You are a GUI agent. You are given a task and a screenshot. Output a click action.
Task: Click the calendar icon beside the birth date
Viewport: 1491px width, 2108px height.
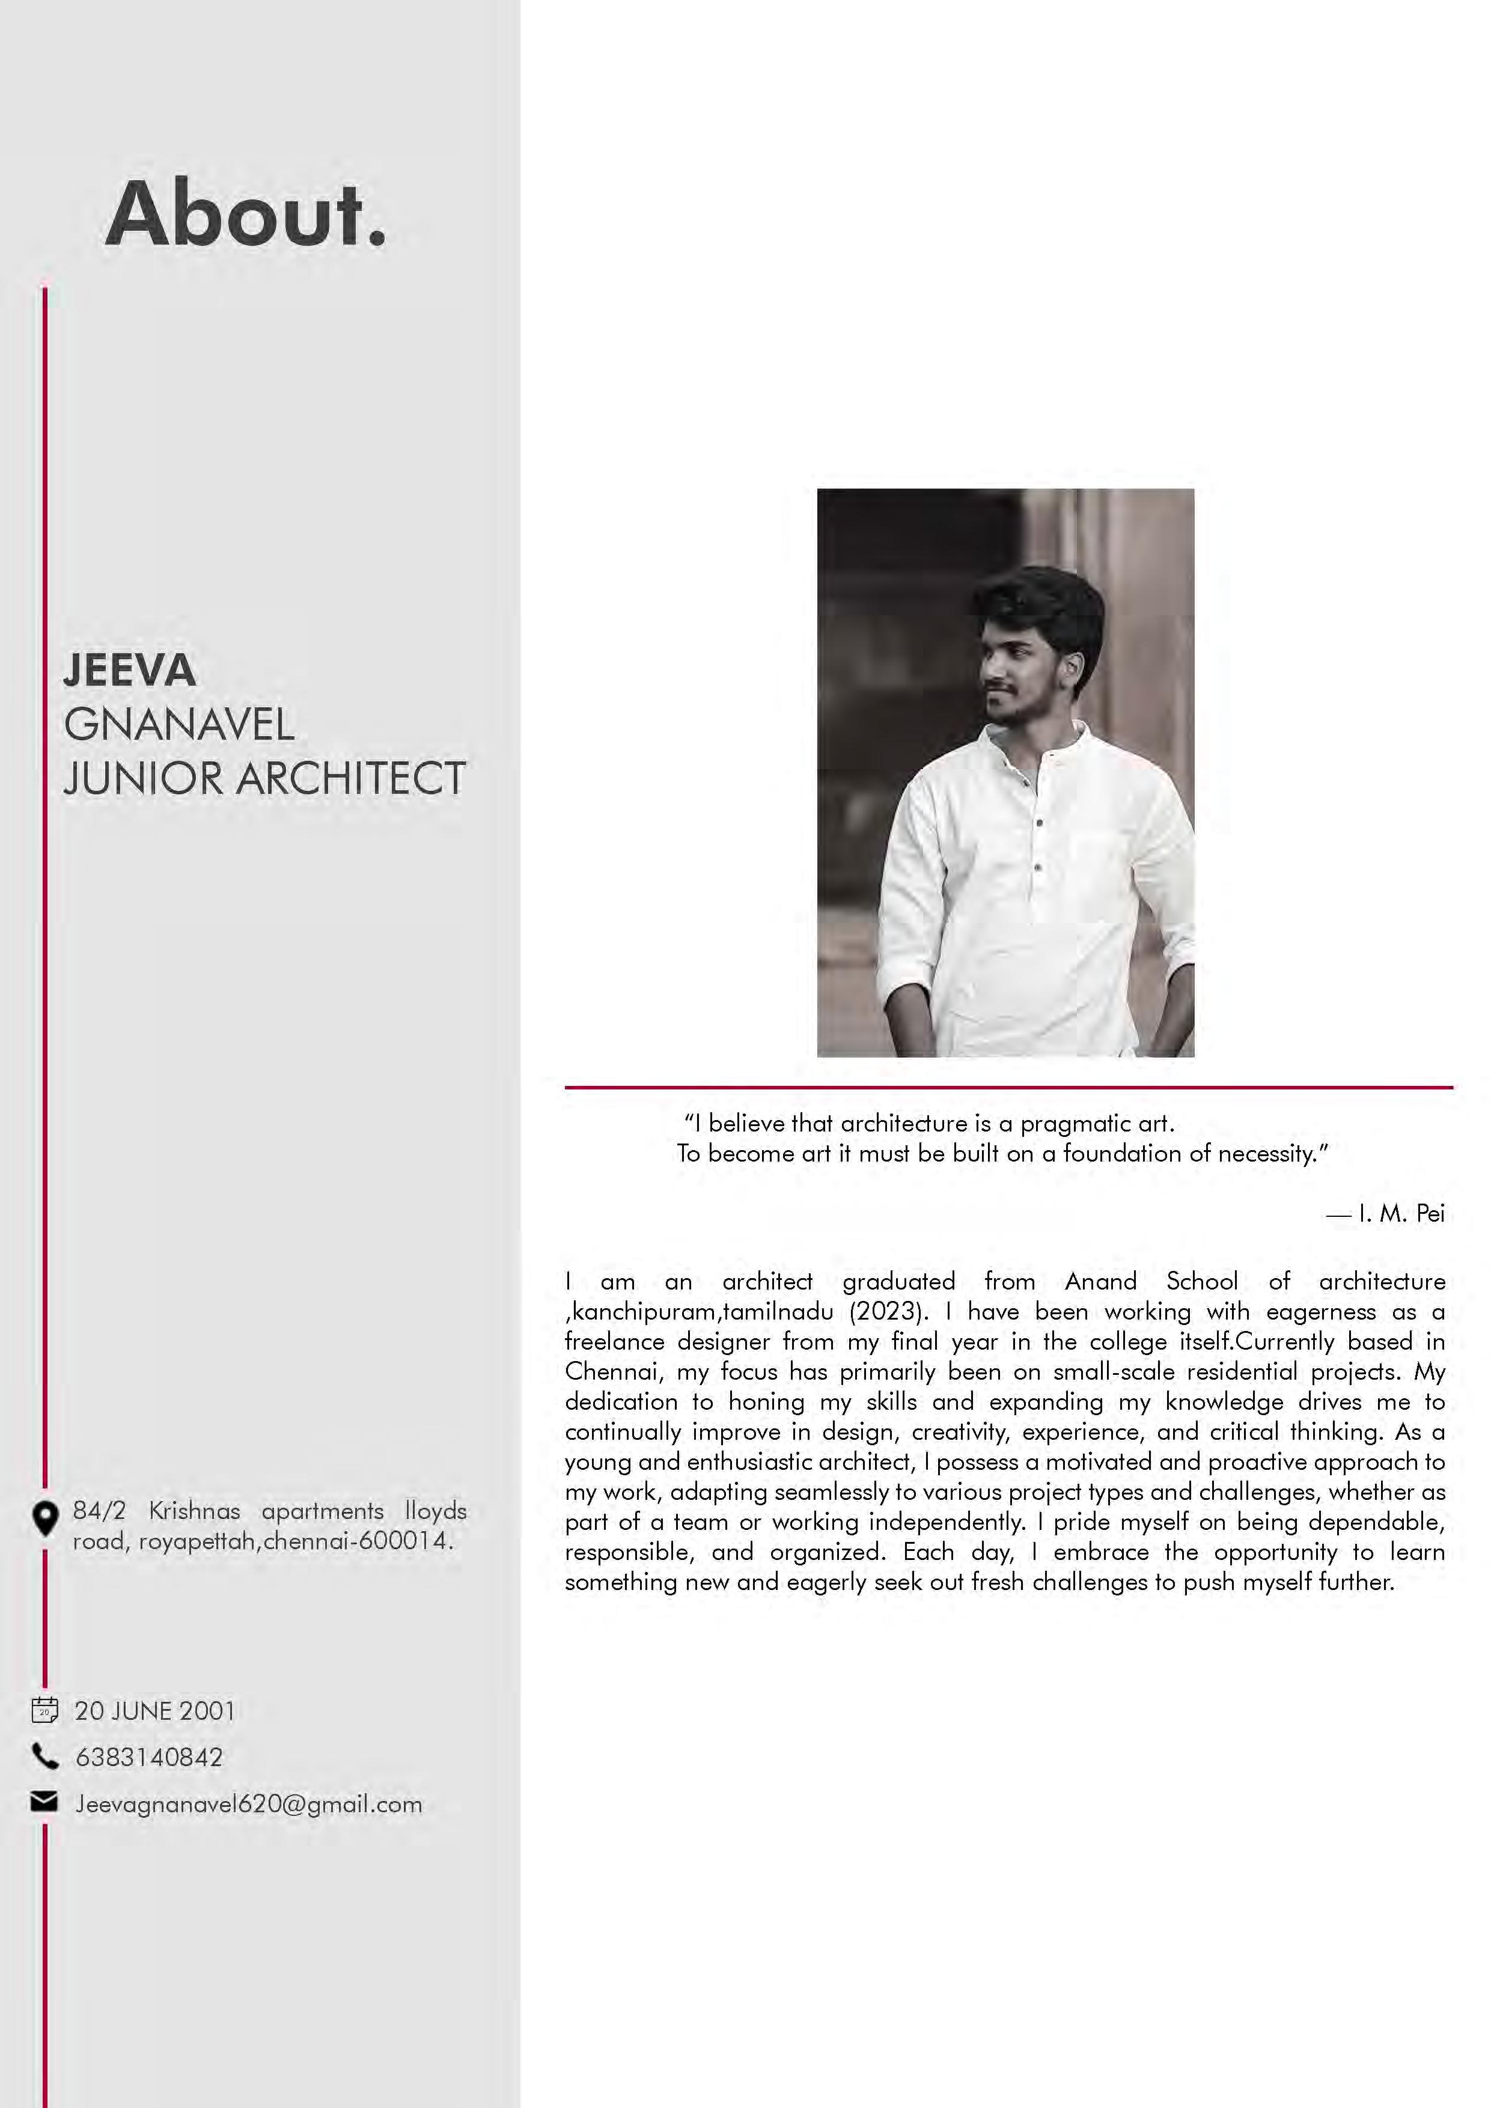click(44, 1710)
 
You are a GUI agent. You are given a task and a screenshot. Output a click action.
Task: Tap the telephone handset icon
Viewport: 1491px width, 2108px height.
click(44, 1756)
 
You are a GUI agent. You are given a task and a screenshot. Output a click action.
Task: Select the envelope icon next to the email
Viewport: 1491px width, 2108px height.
click(44, 1802)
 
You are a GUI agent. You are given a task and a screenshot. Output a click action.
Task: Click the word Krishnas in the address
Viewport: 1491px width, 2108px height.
click(195, 1510)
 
